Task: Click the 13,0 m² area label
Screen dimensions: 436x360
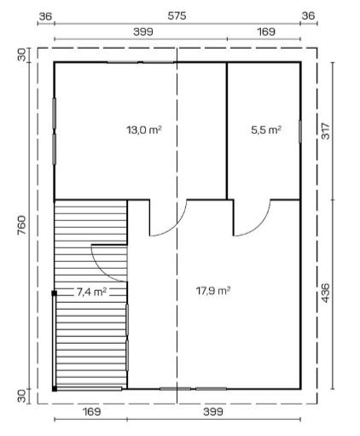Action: click(144, 130)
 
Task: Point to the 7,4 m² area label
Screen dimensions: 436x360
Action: click(90, 291)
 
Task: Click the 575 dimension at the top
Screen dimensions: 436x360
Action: click(177, 16)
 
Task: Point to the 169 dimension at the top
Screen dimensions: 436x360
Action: click(265, 32)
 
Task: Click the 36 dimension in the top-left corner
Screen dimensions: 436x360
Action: click(46, 16)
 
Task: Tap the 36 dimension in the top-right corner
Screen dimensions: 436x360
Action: click(309, 16)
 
